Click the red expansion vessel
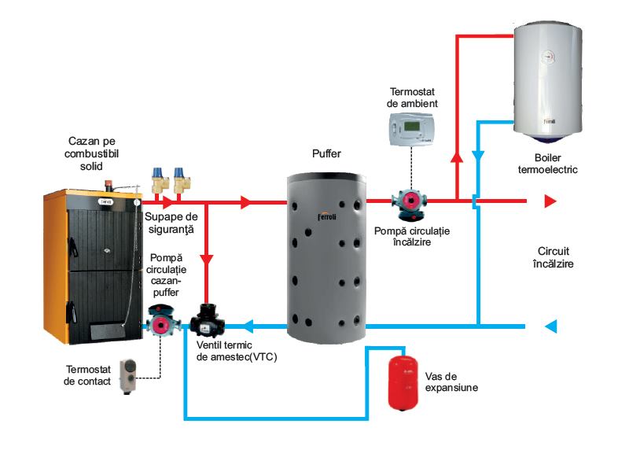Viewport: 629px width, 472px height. click(404, 382)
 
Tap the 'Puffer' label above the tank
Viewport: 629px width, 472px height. click(326, 154)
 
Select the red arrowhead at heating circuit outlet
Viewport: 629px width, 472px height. click(551, 201)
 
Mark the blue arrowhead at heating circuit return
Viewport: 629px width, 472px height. click(551, 326)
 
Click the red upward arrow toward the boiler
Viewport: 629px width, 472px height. click(456, 157)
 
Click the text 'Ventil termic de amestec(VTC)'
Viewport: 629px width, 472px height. click(237, 351)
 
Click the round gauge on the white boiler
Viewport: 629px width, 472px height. click(547, 57)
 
